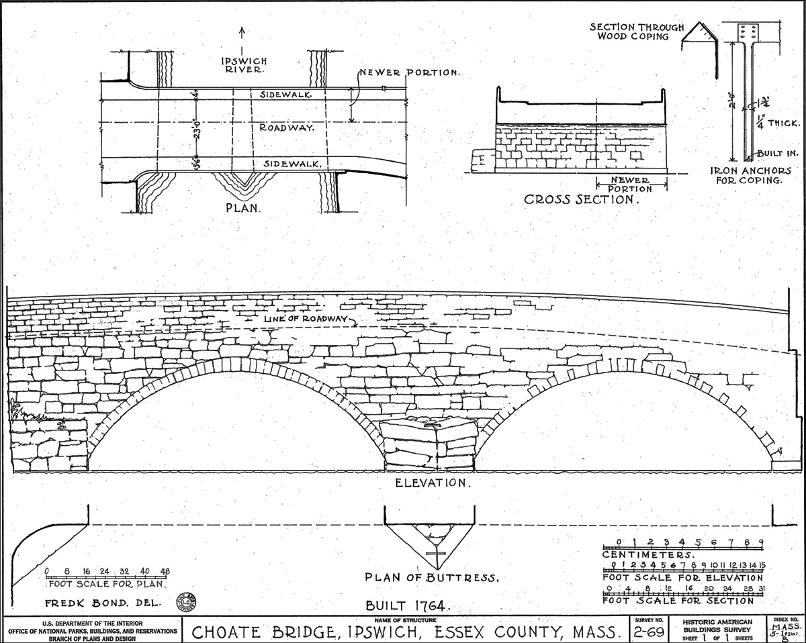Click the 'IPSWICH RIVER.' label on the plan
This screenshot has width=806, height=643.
coord(244,65)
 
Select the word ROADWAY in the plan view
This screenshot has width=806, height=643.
coord(287,128)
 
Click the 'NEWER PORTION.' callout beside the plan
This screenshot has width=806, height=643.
coord(409,72)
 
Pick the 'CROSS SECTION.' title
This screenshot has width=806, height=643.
coord(580,199)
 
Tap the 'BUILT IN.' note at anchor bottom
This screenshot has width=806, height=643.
coord(778,153)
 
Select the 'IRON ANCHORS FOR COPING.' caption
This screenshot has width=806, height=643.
coord(750,175)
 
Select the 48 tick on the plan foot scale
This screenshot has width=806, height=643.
coord(165,571)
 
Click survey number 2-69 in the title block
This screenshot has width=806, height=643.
coord(649,632)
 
